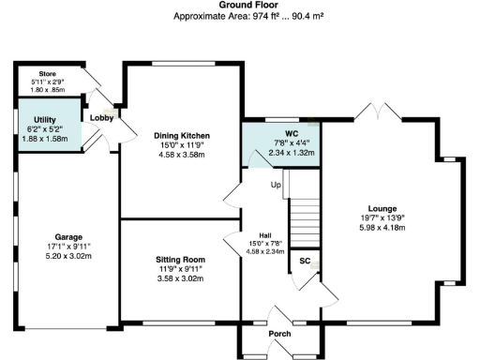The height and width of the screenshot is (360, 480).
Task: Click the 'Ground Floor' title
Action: coord(239,5)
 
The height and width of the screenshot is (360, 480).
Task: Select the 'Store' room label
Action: coord(49,72)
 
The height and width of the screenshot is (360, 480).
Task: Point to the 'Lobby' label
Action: coord(101,117)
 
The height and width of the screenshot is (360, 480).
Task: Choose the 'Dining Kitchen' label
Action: coord(182,136)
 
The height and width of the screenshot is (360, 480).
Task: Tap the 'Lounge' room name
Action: coord(382,208)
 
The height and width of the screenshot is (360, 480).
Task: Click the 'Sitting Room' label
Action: coord(181,260)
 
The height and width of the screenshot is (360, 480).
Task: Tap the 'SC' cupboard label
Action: coord(305,260)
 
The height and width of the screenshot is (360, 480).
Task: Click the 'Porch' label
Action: coord(279,334)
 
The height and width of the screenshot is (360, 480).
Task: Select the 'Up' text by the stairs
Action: coord(276,185)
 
